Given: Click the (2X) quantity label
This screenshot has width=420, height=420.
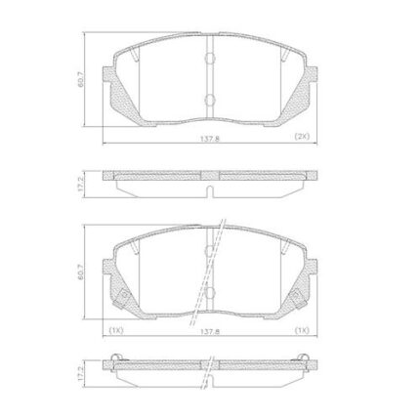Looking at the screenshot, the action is (x=301, y=137).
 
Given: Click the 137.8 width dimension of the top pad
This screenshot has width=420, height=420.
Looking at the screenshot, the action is (x=210, y=139).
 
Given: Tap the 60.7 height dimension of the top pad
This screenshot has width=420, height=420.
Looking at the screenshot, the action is (x=80, y=79).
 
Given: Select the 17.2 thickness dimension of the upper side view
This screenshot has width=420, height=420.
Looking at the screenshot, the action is (x=80, y=185).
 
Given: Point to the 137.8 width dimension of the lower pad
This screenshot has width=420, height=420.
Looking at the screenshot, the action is (x=210, y=332).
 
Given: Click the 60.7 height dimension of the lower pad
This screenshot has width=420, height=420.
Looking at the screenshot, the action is (x=80, y=272).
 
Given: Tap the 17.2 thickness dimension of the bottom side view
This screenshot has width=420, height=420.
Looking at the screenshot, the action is (x=80, y=374).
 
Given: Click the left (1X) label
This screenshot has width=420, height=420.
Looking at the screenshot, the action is (x=115, y=330).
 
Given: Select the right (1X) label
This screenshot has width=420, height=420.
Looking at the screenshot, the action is (x=301, y=330).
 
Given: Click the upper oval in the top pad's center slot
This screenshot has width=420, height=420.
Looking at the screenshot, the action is (x=210, y=59).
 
